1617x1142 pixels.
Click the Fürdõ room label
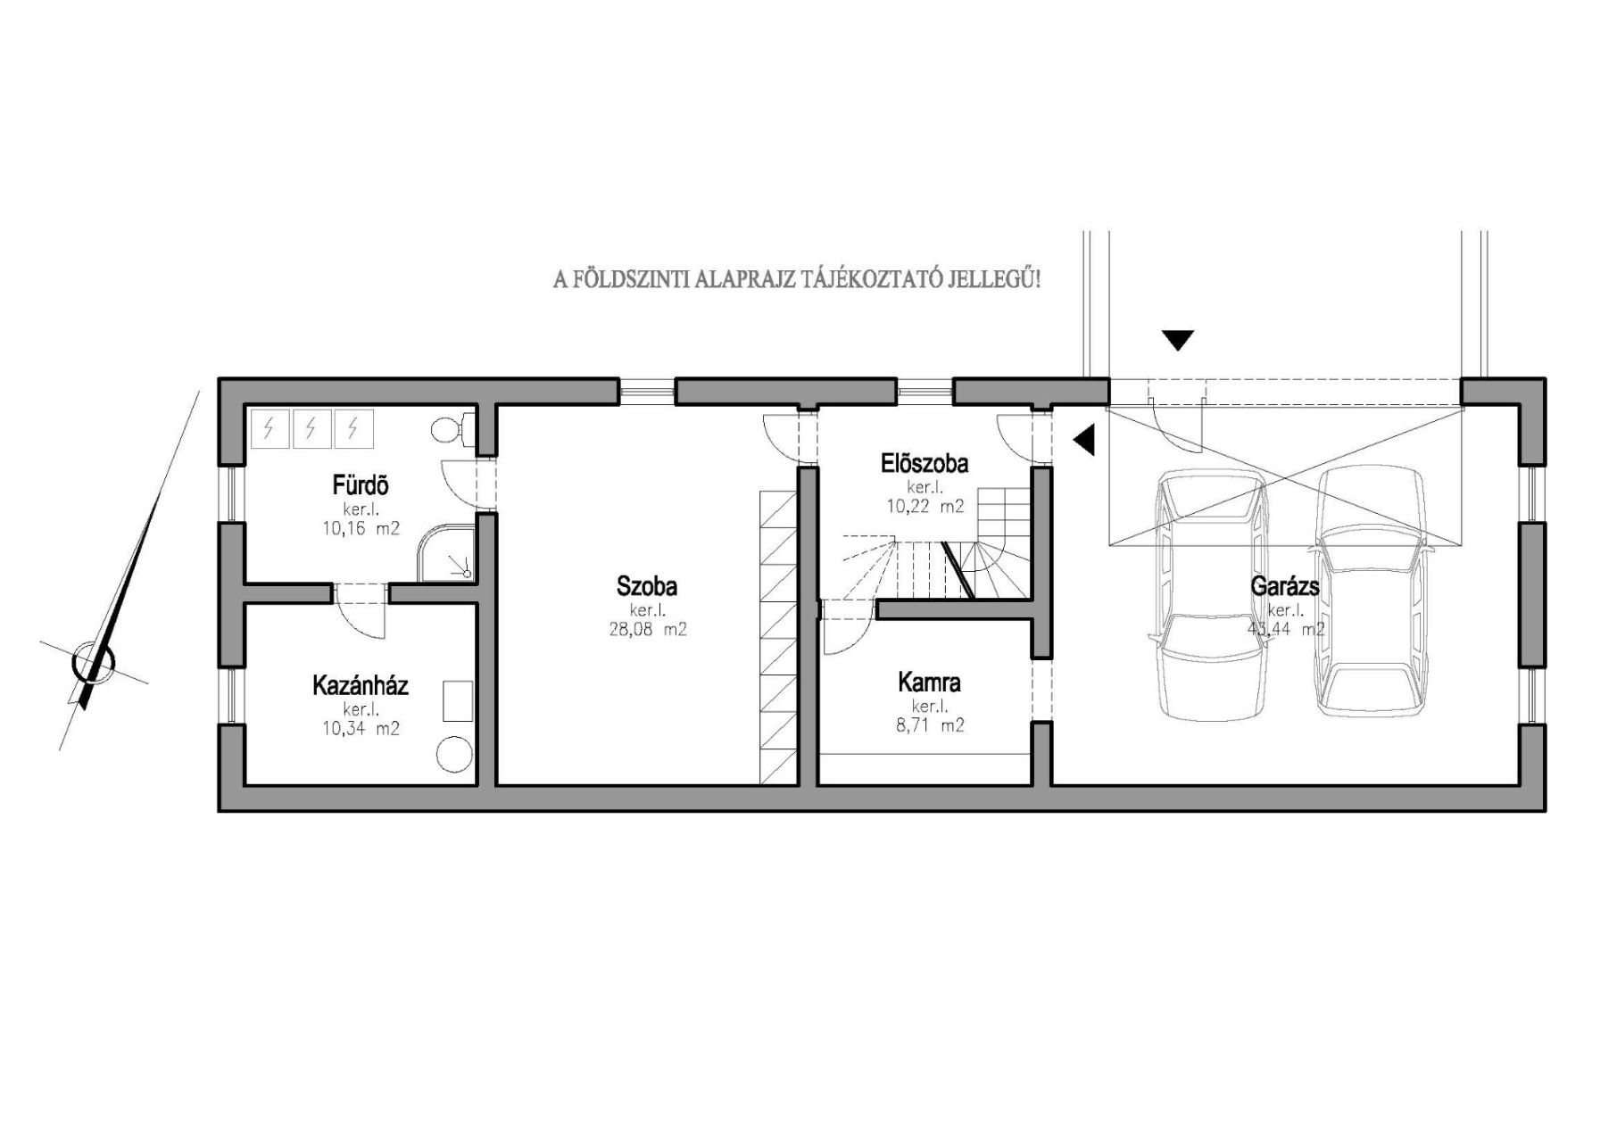point(360,486)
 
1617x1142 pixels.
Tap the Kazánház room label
point(360,685)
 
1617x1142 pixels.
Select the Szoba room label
point(646,586)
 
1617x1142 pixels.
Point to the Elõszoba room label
point(924,464)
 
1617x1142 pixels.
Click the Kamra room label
point(929,683)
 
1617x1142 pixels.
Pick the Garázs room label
point(1285,587)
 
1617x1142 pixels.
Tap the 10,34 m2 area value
point(360,728)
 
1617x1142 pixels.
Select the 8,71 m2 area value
point(929,725)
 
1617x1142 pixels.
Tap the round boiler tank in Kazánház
point(454,755)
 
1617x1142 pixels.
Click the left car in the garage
point(1210,595)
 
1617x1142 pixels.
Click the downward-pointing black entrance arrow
point(1178,340)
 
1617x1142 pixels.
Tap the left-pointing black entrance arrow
point(1083,440)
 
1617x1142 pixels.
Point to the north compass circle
point(94,663)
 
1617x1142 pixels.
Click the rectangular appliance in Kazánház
point(458,700)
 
